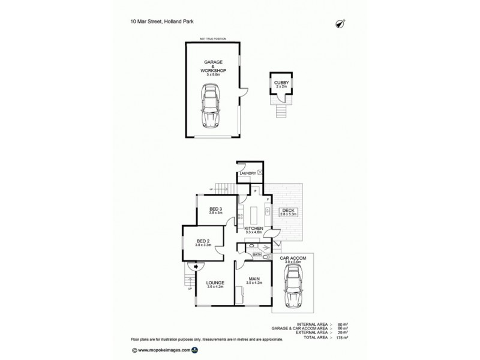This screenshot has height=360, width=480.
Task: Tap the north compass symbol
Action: (x=339, y=23)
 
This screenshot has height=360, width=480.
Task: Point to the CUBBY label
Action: (x=281, y=82)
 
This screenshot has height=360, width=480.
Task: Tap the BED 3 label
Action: (x=215, y=209)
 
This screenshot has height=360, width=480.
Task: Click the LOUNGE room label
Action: (x=214, y=283)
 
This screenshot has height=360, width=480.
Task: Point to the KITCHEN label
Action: (x=255, y=229)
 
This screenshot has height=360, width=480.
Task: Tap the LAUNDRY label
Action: (x=247, y=173)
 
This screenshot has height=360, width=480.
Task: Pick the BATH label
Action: (x=257, y=255)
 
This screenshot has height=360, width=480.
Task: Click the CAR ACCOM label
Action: (x=293, y=258)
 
